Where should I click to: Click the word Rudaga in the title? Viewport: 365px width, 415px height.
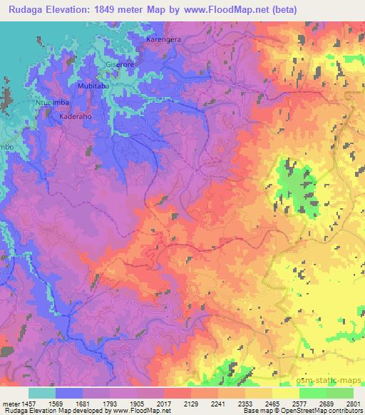26,9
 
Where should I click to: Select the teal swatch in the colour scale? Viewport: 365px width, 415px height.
42,393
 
